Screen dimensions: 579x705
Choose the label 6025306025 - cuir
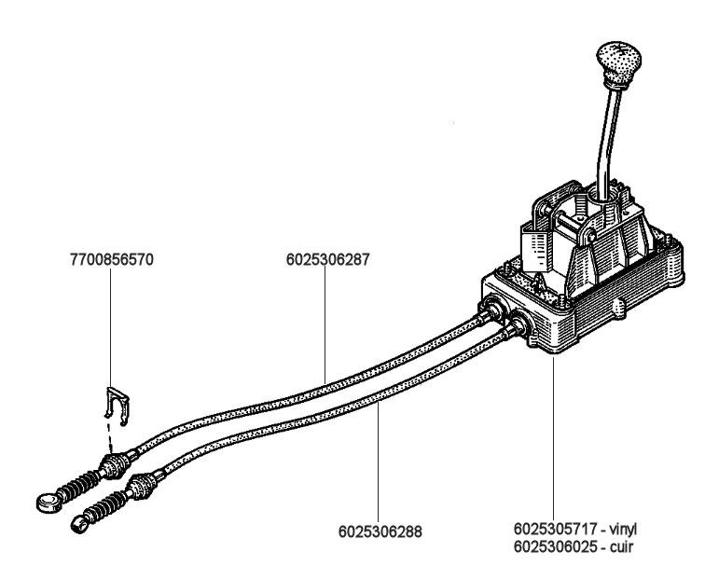574,545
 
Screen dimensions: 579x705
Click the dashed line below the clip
111,437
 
